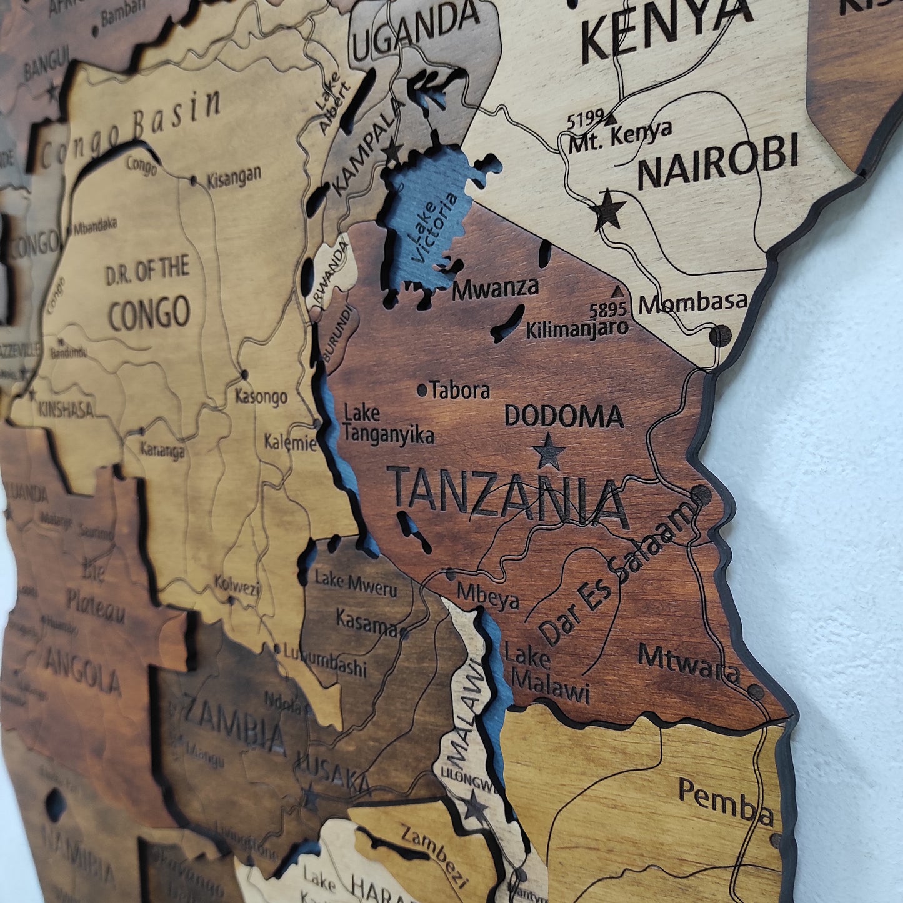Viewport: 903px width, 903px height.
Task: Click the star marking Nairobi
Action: coord(609,210)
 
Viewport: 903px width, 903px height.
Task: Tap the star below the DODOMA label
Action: coord(549,451)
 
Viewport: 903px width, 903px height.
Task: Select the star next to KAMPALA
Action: coord(392,151)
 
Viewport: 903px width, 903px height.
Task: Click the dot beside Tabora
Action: coord(422,391)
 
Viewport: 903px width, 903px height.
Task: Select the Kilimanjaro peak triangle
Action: coord(618,291)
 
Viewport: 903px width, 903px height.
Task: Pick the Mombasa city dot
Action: coord(720,336)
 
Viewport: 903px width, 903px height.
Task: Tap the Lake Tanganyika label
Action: coord(388,424)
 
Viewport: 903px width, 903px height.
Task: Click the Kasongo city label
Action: coord(261,396)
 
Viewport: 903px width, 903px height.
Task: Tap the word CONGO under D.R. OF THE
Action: coord(149,312)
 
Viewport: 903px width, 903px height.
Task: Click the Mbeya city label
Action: coord(487,595)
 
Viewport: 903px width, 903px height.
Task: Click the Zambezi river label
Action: coord(436,854)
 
